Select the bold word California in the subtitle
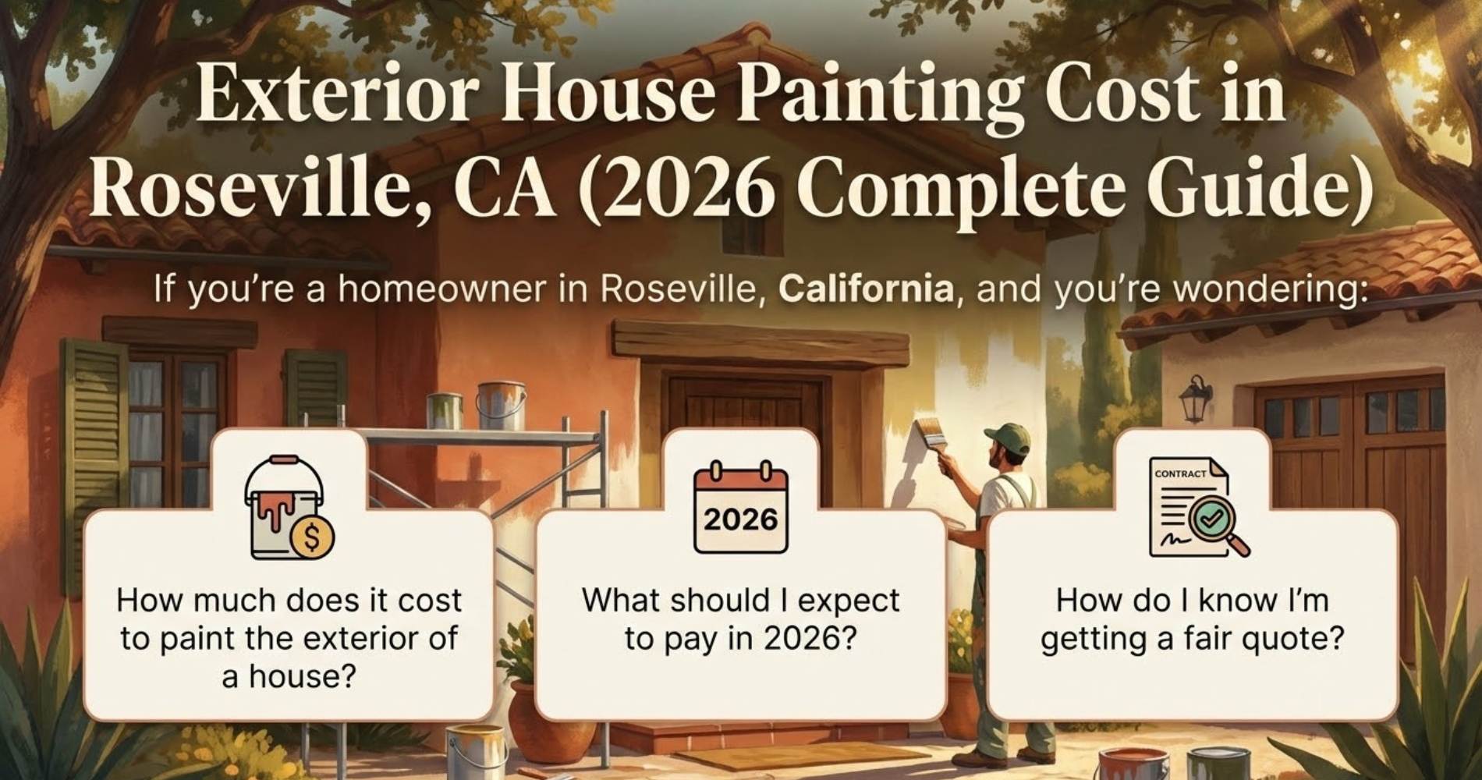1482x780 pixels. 866,289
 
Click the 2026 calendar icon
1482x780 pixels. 740,508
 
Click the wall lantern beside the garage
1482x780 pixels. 1195,398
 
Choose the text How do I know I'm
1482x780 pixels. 1192,601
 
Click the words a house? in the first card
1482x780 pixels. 289,675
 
